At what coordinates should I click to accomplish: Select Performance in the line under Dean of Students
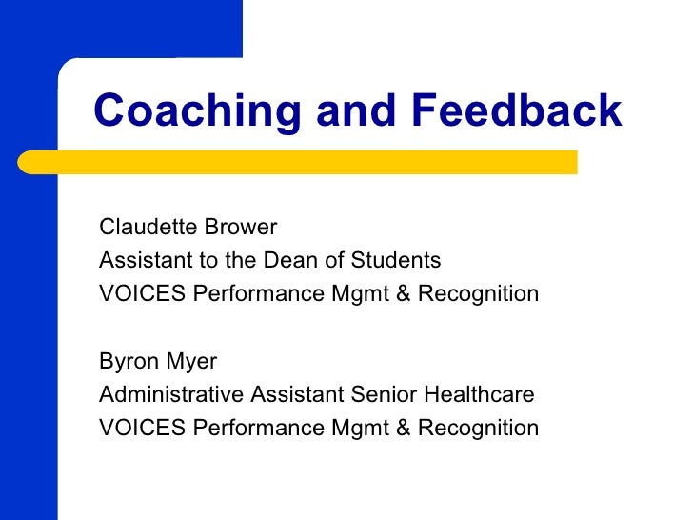click(x=259, y=292)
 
